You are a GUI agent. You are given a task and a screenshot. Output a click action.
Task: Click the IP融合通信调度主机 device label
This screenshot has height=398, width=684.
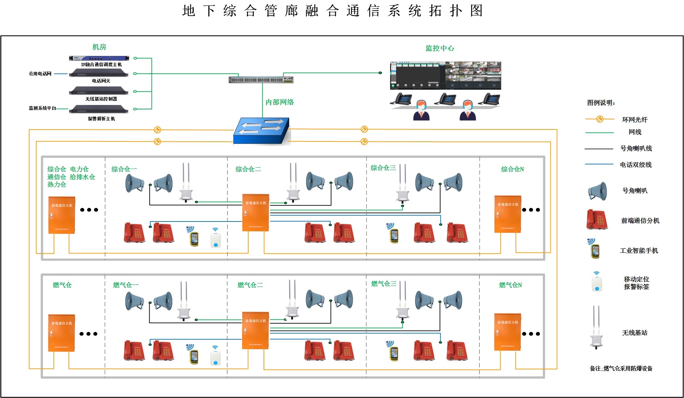coord(101,64)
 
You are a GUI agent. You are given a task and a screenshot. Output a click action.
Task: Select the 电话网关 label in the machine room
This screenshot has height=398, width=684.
coord(101,81)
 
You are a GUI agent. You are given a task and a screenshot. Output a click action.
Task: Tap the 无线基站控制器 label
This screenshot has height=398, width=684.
coord(101,99)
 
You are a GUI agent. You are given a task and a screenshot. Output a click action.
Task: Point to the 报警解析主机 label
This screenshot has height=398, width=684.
coord(101,119)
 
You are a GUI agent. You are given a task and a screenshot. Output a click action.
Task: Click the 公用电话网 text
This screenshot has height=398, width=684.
coord(40,74)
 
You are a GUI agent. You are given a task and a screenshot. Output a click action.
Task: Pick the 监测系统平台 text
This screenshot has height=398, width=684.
coord(42,108)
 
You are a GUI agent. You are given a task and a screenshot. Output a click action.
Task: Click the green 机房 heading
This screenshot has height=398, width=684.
coord(99,47)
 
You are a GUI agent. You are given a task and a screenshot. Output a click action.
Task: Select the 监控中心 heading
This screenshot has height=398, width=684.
coord(440,48)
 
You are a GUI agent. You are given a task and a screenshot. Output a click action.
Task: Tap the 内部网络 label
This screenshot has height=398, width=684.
coord(280,102)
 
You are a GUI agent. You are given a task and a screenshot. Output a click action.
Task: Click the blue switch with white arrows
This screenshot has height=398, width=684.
coord(262,131)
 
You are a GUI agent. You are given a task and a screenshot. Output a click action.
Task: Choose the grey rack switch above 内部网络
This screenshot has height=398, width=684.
coord(261,80)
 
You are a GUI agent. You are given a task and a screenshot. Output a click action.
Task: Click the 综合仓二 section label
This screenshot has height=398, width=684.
coord(248,169)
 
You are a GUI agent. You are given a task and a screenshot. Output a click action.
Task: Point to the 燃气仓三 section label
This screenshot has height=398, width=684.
coord(384,284)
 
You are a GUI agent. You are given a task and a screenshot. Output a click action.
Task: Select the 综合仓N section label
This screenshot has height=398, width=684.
coord(512,169)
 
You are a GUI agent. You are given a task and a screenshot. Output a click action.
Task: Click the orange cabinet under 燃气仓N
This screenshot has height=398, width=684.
coord(508,332)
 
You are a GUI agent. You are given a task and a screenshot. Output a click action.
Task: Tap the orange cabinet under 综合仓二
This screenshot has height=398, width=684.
coord(256,213)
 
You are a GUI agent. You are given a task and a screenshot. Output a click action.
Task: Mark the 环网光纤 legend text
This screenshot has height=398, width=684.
coord(635,120)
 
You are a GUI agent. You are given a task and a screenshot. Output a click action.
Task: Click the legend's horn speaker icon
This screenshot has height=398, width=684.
coord(597,191)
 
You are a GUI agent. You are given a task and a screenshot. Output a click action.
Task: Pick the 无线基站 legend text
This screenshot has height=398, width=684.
coord(635,333)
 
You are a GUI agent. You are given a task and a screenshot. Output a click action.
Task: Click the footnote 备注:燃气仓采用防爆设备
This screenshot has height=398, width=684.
coord(621,368)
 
